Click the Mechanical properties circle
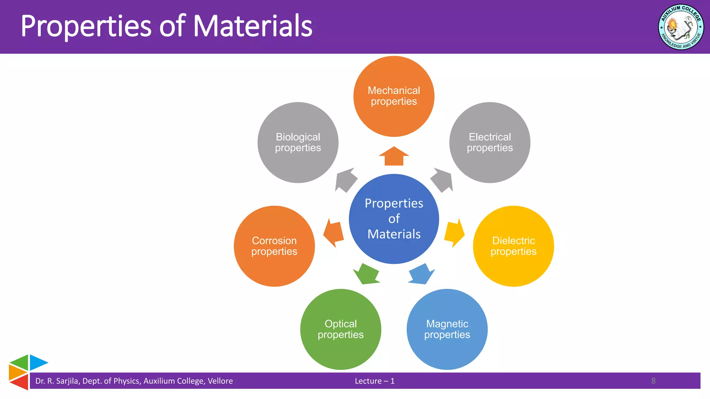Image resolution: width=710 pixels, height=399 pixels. tap(394, 96)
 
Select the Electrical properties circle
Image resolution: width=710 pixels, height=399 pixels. tap(490, 142)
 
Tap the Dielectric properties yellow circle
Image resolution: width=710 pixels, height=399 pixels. tap(513, 246)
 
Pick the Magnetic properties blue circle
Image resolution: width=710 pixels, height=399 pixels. tap(447, 329)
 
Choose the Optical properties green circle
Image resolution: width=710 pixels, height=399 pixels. tap(340, 329)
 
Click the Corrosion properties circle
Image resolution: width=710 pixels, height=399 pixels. tap(274, 246)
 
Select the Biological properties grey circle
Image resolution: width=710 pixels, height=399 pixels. tap(298, 142)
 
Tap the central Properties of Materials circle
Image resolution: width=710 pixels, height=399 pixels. tap(394, 219)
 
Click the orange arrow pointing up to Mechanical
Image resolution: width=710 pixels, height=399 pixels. tap(394, 157)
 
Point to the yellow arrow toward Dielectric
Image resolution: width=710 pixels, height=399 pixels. tap(454, 233)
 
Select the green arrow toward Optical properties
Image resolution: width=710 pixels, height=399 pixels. tap(366, 274)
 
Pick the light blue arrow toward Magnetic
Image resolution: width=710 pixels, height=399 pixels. tap(422, 274)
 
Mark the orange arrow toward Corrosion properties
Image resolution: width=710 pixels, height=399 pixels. tap(334, 233)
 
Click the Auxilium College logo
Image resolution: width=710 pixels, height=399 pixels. tap(681, 27)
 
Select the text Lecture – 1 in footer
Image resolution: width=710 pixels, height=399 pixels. tap(374, 381)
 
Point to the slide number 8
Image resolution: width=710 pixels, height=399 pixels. tap(653, 381)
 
